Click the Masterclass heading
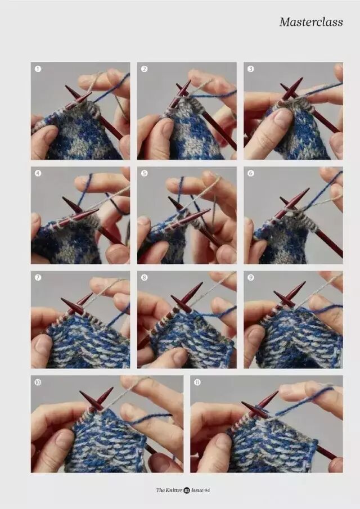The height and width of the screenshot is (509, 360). click(311, 22)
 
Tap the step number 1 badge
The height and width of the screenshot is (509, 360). click(38, 69)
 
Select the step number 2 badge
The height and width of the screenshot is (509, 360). click(145, 69)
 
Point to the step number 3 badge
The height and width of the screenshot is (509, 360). click(251, 69)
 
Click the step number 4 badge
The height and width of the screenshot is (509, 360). click(38, 173)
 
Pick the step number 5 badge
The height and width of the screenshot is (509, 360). click(145, 173)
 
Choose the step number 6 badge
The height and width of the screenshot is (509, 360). click(251, 173)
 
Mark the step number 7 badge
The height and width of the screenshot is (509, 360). click(38, 277)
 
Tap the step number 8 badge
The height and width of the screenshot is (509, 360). click(145, 277)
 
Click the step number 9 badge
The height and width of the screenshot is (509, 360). click(251, 277)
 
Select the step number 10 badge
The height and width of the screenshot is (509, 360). click(38, 382)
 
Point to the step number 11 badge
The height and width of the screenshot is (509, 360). click(197, 382)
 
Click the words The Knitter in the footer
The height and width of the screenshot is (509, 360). click(169, 490)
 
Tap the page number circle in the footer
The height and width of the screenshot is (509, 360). click(187, 490)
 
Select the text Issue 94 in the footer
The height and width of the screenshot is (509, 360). click(200, 490)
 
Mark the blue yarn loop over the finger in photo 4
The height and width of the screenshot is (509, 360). click(85, 185)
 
